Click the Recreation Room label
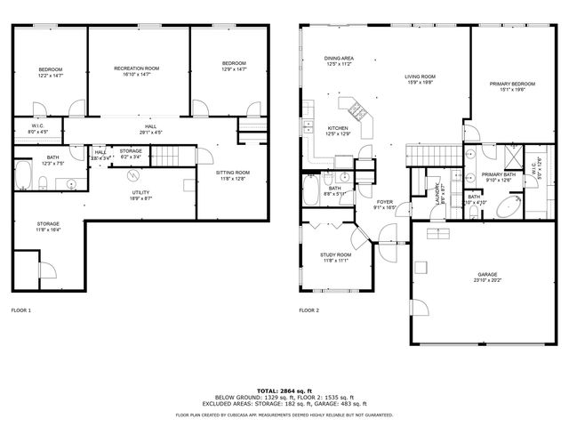click(137, 68)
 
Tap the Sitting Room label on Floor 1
click(233, 173)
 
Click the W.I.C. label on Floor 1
click(37, 126)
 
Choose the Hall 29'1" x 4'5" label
click(150, 127)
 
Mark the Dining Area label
click(339, 59)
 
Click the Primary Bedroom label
click(508, 83)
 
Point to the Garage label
click(486, 274)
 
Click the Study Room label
click(334, 254)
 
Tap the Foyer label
click(384, 202)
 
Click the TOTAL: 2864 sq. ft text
click(284, 390)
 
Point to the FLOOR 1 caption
click(21, 310)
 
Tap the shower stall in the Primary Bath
click(513, 157)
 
